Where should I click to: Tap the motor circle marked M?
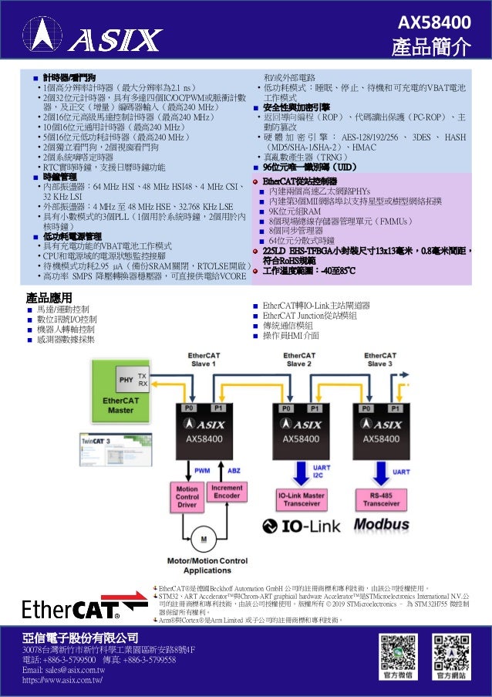(204, 537)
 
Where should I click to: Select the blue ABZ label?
(234, 470)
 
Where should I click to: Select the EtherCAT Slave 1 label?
(204, 359)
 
